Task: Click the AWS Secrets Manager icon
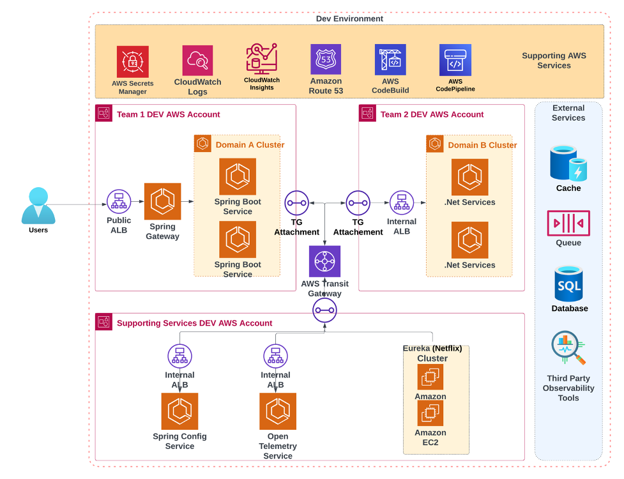132,61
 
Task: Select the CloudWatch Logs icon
197,61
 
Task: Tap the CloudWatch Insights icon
262,59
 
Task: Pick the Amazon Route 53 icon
326,59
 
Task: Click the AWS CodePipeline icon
455,60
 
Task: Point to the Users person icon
38,205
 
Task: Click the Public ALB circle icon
119,202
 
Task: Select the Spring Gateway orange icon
162,202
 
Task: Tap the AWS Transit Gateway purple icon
324,261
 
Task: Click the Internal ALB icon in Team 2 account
402,202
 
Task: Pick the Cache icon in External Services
568,163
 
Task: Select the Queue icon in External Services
568,224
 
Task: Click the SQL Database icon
568,284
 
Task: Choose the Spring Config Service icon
179,411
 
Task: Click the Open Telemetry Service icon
278,411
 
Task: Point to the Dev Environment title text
349,19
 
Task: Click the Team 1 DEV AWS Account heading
168,114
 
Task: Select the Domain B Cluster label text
482,145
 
